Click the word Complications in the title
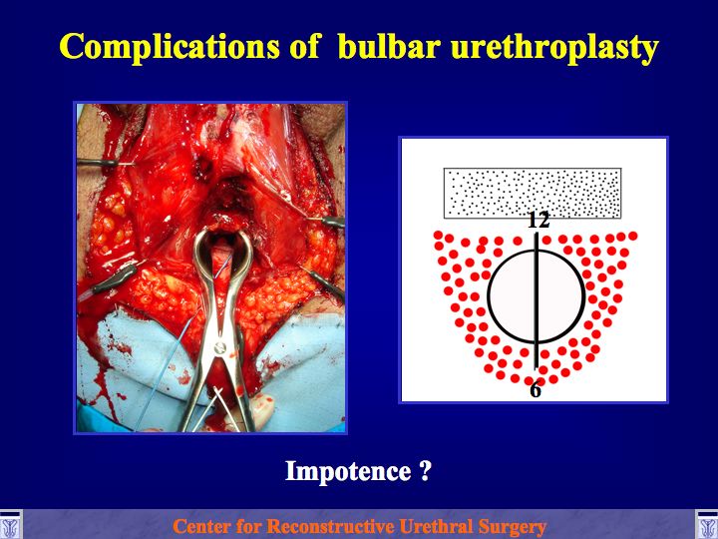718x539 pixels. (169, 47)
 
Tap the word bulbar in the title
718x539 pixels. (389, 45)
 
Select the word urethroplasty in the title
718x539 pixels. (554, 48)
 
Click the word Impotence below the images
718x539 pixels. (348, 471)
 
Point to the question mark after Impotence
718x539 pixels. (425, 471)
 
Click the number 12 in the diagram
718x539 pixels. (538, 221)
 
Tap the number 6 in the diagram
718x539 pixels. (536, 389)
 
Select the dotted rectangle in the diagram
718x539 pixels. (533, 193)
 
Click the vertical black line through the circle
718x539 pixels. (537, 300)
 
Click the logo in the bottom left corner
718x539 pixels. (10, 525)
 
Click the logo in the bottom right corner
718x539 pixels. (707, 525)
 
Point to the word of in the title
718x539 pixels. (304, 46)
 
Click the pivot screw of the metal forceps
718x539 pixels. (220, 347)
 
